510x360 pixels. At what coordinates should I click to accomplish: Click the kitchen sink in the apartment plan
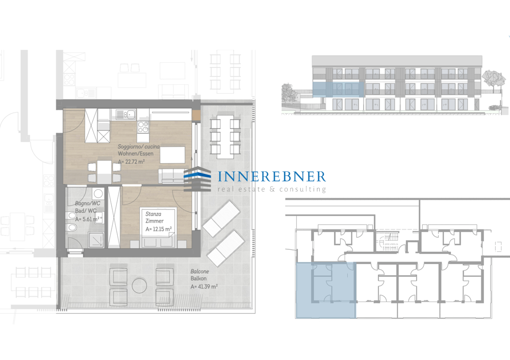(x=126, y=114)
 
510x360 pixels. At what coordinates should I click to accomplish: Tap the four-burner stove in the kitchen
(x=143, y=126)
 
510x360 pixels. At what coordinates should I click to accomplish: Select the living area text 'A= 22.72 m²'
(x=132, y=161)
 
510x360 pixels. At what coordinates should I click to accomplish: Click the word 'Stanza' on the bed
(x=153, y=214)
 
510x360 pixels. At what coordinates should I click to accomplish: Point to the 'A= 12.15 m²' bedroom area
(x=159, y=229)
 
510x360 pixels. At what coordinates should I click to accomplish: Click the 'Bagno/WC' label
(x=88, y=203)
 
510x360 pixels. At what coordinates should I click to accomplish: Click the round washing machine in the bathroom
(x=97, y=194)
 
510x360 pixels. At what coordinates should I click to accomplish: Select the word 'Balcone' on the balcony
(x=200, y=271)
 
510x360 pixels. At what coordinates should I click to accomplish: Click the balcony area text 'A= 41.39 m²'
(x=204, y=287)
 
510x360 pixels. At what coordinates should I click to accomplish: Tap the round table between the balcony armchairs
(x=139, y=286)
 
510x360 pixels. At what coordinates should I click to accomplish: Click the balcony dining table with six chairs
(x=225, y=136)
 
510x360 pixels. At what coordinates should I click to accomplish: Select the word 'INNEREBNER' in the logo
(x=272, y=176)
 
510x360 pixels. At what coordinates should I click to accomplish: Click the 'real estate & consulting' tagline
(x=272, y=189)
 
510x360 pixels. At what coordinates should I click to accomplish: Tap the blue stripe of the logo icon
(x=197, y=174)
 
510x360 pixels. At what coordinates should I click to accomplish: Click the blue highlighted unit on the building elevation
(x=338, y=89)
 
